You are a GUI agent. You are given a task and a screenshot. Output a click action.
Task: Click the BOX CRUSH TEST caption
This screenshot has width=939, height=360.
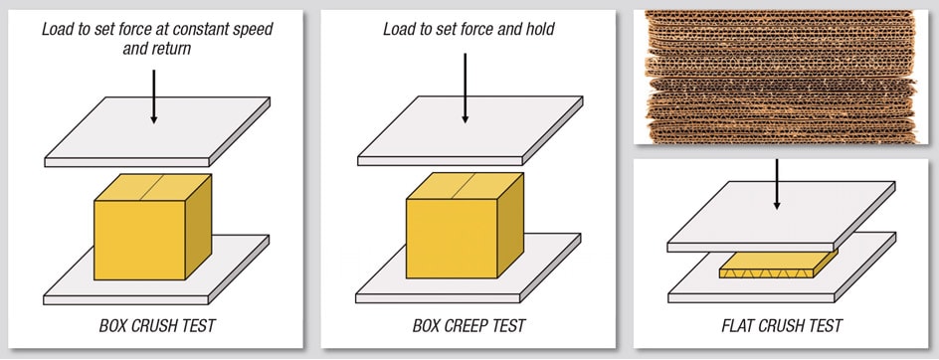(157, 325)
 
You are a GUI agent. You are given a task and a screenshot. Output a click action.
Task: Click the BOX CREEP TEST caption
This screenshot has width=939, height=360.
(469, 325)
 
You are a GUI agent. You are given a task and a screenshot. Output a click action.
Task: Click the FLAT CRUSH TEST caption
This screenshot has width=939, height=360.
(781, 325)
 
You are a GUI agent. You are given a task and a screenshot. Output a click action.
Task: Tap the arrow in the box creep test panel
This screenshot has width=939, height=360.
(465, 90)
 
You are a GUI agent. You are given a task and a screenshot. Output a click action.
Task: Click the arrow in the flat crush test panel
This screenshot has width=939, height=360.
(777, 184)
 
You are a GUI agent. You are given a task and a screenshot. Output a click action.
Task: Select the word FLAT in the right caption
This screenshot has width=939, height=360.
(738, 325)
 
